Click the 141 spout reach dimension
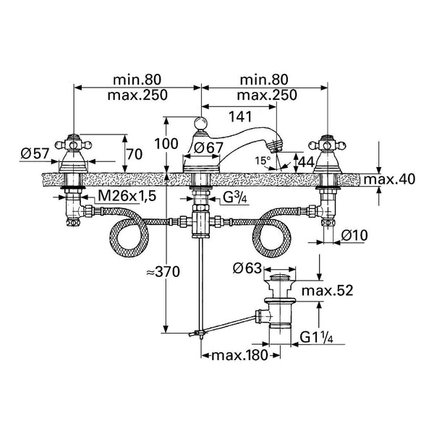(240, 116)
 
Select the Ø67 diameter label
(208, 148)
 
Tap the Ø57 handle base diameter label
(35, 153)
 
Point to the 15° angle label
(263, 161)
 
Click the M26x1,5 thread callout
(127, 196)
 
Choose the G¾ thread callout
(235, 197)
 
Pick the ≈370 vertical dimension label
(163, 271)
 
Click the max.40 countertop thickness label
(389, 179)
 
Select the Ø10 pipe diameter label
(354, 236)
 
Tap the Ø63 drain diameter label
(247, 268)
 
